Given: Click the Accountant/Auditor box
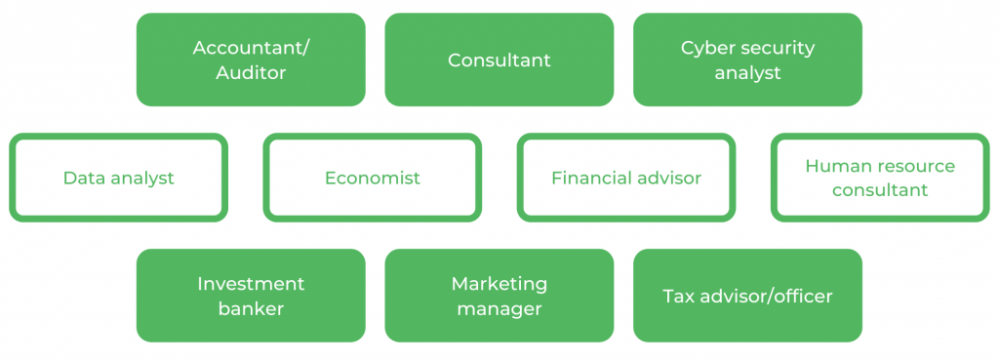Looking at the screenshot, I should (251, 60).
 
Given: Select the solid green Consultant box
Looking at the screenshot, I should (499, 60).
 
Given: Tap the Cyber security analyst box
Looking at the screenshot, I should (747, 60).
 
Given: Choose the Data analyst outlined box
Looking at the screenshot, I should (119, 178).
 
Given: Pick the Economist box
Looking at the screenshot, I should (373, 178).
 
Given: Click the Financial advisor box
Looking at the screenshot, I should (626, 178).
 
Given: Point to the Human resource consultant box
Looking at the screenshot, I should (880, 178).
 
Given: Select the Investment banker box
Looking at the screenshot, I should (251, 296).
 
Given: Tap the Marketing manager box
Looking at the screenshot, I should (499, 296).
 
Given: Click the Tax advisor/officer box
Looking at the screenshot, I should (747, 296).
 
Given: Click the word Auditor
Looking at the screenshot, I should (251, 73).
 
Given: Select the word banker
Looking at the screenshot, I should (251, 309).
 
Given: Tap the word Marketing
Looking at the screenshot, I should (499, 284).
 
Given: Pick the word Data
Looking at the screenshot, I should (83, 178).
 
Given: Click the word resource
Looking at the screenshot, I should (915, 166).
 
